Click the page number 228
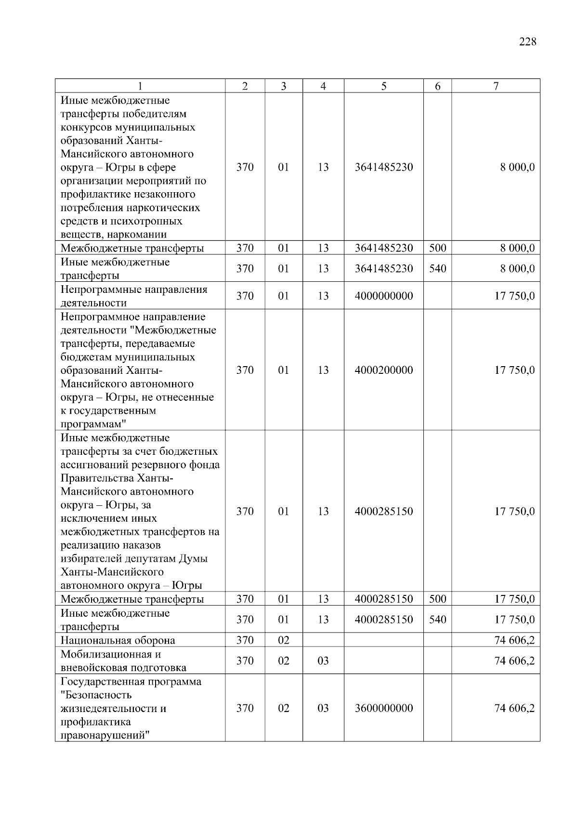click(527, 42)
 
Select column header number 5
click(383, 86)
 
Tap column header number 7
click(496, 86)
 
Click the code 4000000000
click(383, 296)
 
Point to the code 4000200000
click(383, 370)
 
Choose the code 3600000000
click(383, 708)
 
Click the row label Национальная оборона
click(118, 640)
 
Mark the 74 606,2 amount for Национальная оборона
click(514, 640)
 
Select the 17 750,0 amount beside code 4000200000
click(514, 370)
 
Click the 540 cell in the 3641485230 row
click(437, 268)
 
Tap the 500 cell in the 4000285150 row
click(437, 599)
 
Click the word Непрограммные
click(99, 290)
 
